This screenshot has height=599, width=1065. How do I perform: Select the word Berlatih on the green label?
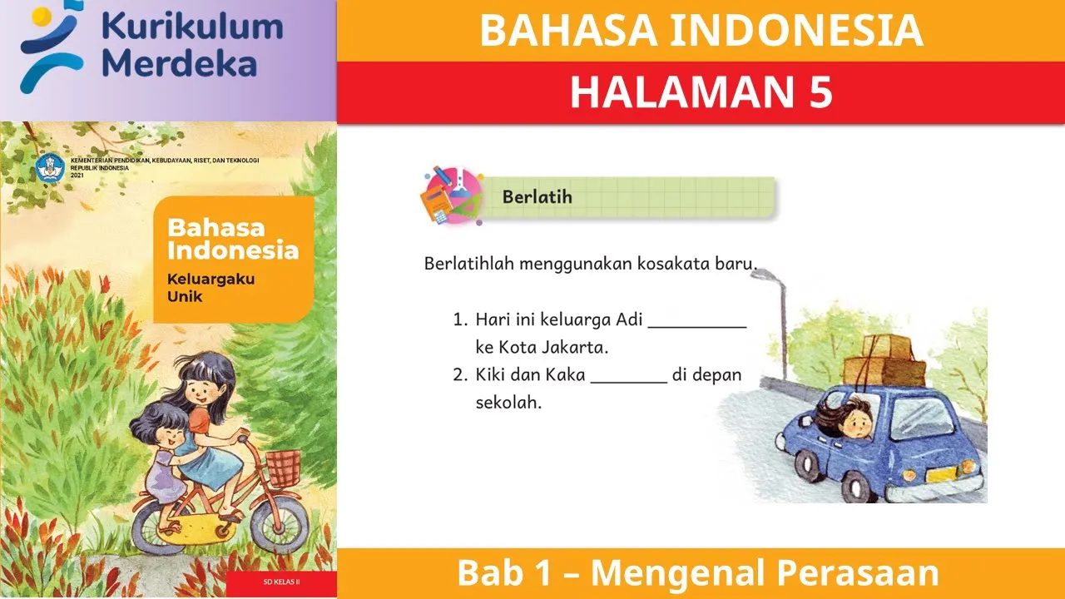537,197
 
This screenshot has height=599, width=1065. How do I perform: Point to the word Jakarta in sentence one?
573,346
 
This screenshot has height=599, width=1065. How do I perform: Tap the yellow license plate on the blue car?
942,476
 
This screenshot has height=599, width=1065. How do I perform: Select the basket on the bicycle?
284,463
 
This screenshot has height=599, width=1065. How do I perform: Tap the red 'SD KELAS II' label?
281,582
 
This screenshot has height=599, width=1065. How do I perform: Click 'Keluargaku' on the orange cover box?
211,280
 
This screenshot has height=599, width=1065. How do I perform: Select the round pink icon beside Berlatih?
451,196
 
